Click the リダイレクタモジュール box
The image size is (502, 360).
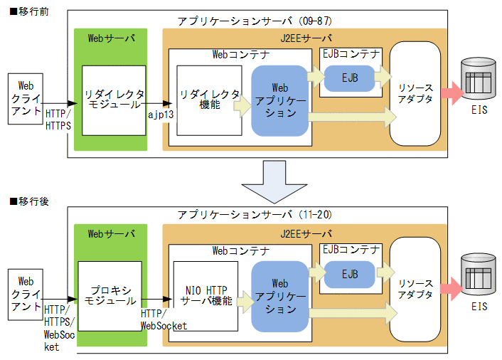pos(114,100)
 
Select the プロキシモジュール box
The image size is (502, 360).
pos(110,295)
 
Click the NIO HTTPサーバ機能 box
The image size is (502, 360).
pos(205,295)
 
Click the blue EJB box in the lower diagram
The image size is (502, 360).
pos(349,272)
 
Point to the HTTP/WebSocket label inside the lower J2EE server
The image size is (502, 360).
pos(164,319)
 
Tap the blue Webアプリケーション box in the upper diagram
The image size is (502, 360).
pos(279,100)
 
